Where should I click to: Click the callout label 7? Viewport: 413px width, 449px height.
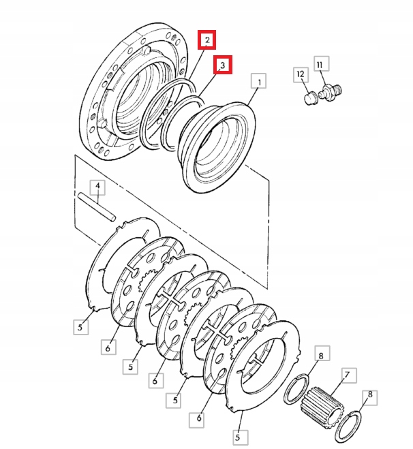(347, 375)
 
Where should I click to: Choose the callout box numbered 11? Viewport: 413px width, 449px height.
(321, 65)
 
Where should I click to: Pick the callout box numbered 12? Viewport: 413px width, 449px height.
(300, 74)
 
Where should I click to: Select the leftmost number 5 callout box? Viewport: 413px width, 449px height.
(80, 327)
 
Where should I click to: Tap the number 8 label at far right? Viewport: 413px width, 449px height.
(370, 394)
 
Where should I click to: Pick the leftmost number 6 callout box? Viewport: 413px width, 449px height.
(107, 347)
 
